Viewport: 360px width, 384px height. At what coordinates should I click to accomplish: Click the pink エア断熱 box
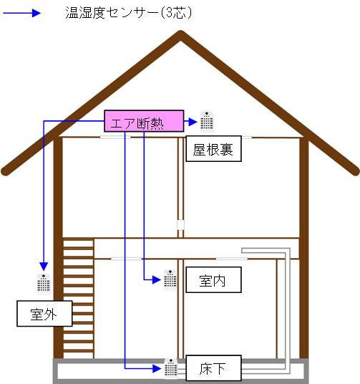click(144, 121)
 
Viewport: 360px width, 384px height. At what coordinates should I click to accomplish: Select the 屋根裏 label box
click(214, 148)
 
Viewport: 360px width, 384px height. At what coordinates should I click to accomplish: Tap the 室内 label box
click(214, 279)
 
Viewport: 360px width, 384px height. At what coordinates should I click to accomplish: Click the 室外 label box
click(44, 314)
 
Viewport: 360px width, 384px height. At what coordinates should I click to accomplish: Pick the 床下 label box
click(214, 368)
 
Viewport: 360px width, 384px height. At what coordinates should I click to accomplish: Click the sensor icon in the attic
click(207, 121)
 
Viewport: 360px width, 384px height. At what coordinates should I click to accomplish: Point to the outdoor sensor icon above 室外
click(44, 284)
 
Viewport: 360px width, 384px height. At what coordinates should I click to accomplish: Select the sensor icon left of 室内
click(170, 279)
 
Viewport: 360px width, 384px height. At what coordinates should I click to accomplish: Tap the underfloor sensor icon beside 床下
click(171, 368)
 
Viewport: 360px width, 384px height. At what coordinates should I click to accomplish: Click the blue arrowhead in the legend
click(37, 13)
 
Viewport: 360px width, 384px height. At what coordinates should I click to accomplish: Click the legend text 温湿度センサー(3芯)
click(129, 13)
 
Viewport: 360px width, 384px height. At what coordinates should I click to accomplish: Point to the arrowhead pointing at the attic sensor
click(193, 122)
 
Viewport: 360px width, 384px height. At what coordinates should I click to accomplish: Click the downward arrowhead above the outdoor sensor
click(44, 267)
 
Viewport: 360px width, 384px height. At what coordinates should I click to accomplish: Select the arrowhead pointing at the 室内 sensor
click(157, 279)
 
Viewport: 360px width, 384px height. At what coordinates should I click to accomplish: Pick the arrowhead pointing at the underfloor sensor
click(157, 368)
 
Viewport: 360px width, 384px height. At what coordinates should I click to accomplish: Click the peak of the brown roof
click(180, 34)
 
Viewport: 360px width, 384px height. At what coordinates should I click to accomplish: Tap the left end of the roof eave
click(5, 171)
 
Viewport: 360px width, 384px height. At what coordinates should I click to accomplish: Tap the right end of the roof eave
click(356, 171)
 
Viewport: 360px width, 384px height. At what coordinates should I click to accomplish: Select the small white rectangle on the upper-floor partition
click(180, 225)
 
